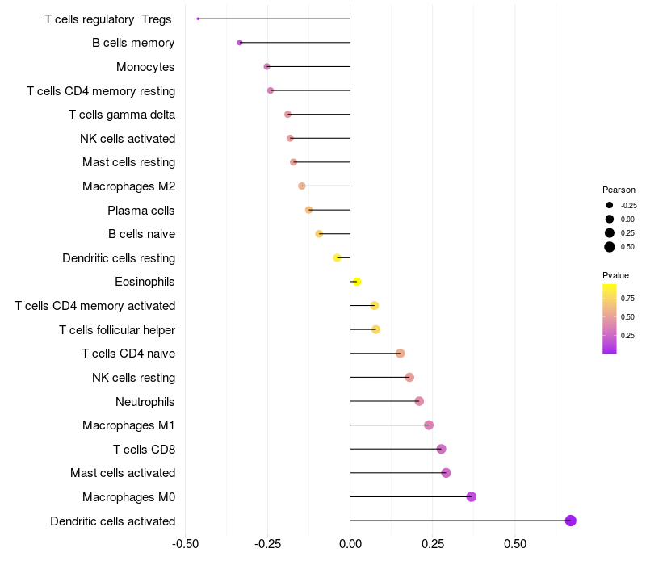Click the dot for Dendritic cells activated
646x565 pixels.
[571, 521]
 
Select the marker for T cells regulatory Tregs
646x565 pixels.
[198, 19]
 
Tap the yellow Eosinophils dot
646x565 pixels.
[357, 282]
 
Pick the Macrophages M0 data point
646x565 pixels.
[472, 496]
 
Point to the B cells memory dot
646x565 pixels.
[240, 43]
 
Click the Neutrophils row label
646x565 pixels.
[145, 401]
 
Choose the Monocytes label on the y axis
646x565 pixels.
[145, 67]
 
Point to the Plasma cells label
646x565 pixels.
[141, 211]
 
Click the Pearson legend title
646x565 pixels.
[619, 190]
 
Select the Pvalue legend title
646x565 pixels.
[616, 276]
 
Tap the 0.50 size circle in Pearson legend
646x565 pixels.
[610, 247]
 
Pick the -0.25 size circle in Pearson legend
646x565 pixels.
[610, 205]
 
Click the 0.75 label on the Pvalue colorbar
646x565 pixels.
[627, 298]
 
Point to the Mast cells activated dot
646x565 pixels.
[446, 473]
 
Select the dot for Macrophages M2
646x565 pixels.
[302, 186]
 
